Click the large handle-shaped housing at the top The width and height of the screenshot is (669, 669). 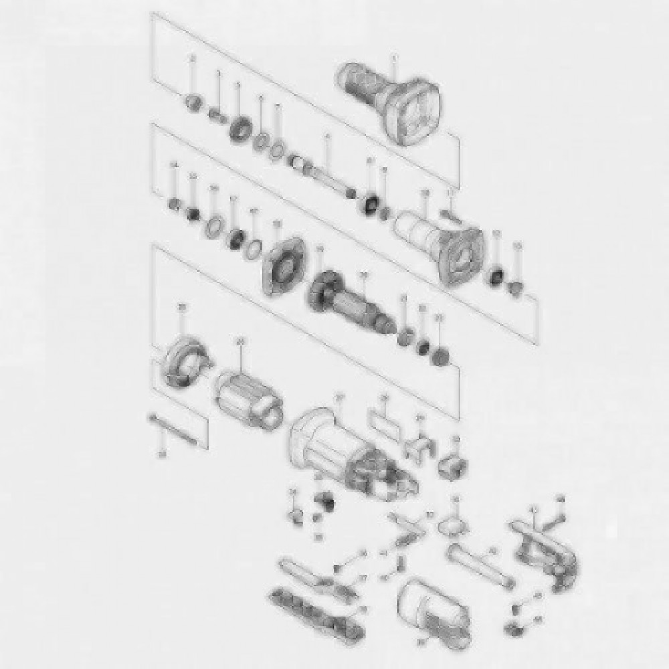point(395,107)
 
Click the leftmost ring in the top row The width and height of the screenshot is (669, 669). point(193,102)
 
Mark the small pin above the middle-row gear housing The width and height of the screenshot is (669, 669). point(450,214)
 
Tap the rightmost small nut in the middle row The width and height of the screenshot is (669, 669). point(516,288)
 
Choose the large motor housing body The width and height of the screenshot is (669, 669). point(348,452)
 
